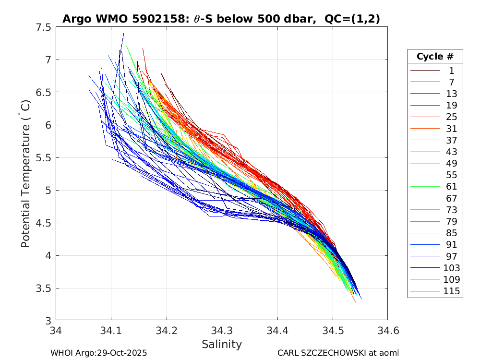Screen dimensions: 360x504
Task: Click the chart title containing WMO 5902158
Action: click(x=221, y=19)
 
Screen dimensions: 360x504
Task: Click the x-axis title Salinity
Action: click(x=221, y=344)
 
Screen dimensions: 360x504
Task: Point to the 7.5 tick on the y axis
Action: click(x=43, y=27)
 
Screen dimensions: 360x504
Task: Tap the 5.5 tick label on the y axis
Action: click(x=43, y=158)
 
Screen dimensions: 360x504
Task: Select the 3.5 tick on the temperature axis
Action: click(x=43, y=288)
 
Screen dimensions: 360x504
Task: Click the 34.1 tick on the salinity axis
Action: click(x=111, y=330)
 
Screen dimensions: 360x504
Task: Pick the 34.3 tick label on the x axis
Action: click(x=222, y=330)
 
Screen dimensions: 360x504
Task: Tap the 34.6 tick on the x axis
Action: click(x=387, y=330)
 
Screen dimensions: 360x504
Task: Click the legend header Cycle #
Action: click(x=435, y=57)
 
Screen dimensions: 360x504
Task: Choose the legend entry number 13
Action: click(x=451, y=94)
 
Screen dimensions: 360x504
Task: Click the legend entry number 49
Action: click(x=451, y=163)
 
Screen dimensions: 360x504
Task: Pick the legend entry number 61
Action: click(x=451, y=187)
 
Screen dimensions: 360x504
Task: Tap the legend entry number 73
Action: click(x=451, y=210)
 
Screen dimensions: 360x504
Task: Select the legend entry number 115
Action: click(x=451, y=291)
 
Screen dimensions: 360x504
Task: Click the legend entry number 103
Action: click(x=451, y=268)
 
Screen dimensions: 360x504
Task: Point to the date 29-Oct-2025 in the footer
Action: click(x=121, y=353)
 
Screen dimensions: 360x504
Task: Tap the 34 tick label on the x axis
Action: click(x=56, y=330)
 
